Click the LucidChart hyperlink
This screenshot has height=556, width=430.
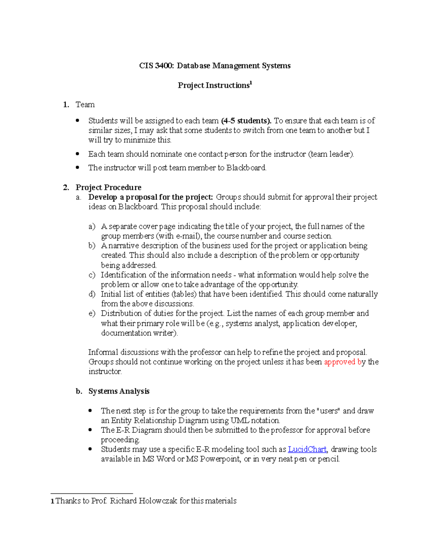tap(307, 449)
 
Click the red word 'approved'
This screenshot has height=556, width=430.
tap(339, 362)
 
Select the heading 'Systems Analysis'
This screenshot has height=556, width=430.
tap(119, 391)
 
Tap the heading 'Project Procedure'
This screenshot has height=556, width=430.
tap(108, 188)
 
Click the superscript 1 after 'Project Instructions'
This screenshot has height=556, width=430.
tap(251, 83)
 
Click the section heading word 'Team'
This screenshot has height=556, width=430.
tap(85, 105)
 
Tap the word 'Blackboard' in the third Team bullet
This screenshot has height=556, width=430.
tap(246, 168)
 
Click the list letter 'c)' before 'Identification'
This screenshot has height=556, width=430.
tap(92, 275)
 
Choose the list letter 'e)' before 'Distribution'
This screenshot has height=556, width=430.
tap(92, 314)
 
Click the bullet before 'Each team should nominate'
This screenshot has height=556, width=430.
tap(78, 154)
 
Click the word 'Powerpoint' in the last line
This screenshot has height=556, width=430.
tap(220, 459)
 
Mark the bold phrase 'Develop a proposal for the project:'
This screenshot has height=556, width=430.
tap(150, 197)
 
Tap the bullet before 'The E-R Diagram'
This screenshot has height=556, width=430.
tap(90, 430)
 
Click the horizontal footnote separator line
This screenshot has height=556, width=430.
tap(92, 493)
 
